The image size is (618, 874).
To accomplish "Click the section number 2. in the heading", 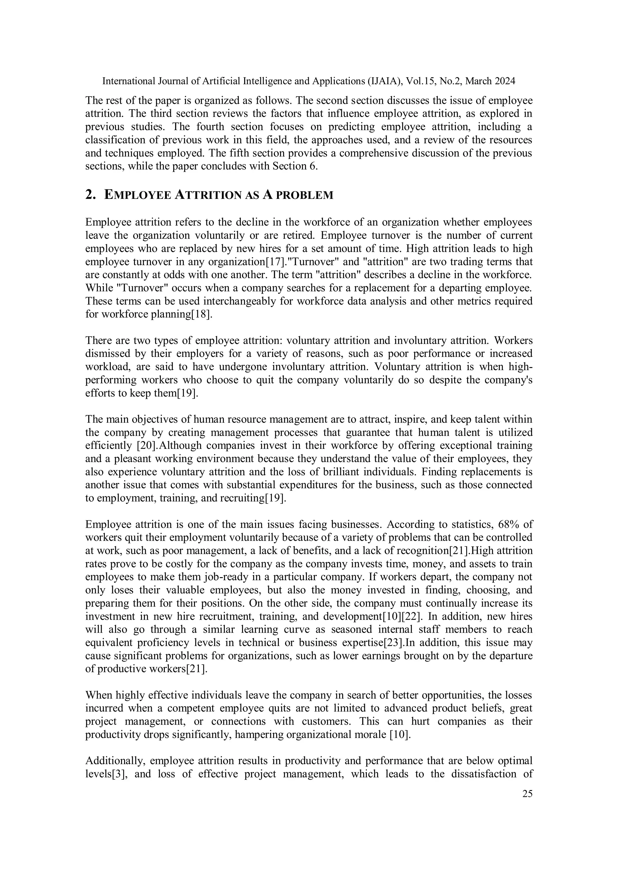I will (90, 195).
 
